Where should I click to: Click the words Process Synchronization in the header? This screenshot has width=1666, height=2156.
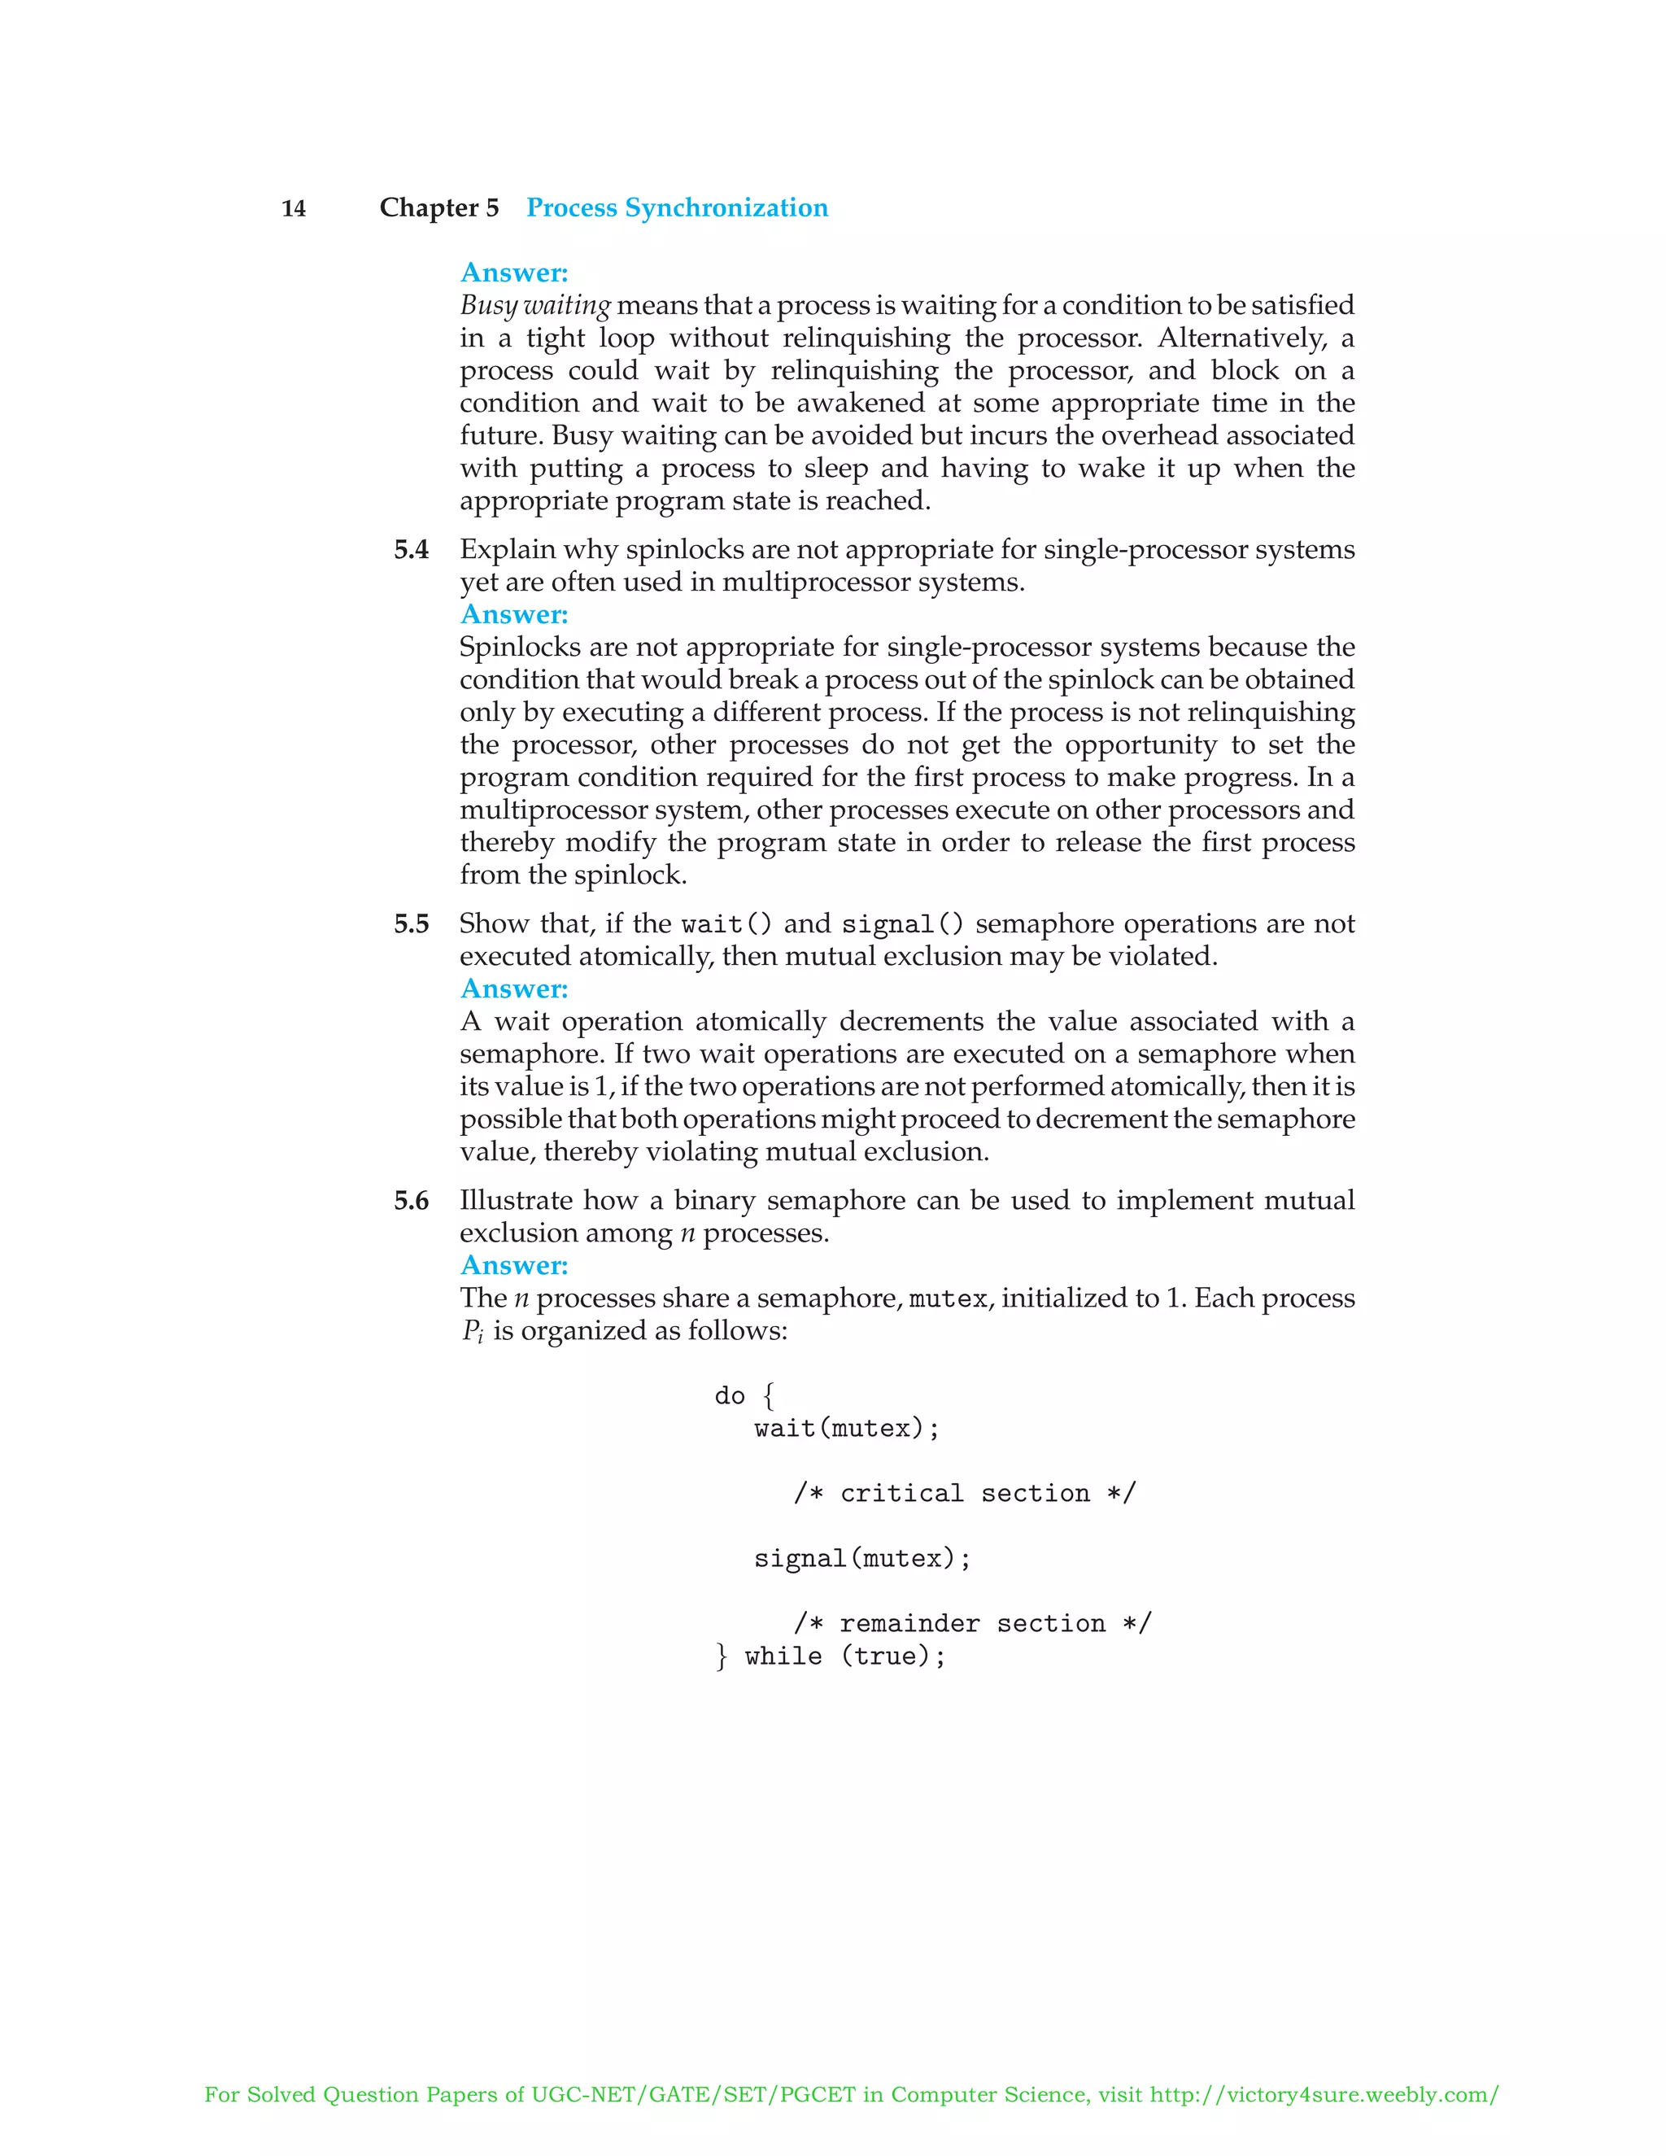pyautogui.click(x=676, y=207)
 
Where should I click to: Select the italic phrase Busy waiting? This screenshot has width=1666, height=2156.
pyautogui.click(x=535, y=305)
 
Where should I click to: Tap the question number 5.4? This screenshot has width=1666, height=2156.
pyautogui.click(x=411, y=550)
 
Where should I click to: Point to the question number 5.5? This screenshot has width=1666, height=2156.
pyautogui.click(x=411, y=924)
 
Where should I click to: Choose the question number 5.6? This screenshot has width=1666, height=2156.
pyautogui.click(x=411, y=1200)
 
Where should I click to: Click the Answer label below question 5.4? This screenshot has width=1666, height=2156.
pyautogui.click(x=514, y=614)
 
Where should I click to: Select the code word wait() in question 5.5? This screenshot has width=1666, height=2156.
pyautogui.click(x=726, y=924)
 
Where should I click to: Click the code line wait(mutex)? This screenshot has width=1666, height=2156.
pyautogui.click(x=847, y=1428)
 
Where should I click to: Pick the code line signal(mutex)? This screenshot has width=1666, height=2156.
pyautogui.click(x=861, y=1558)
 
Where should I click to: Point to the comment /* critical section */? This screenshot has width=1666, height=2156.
pyautogui.click(x=964, y=1493)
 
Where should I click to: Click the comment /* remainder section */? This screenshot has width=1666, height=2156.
pyautogui.click(x=972, y=1623)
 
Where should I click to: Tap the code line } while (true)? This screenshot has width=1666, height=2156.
pyautogui.click(x=830, y=1656)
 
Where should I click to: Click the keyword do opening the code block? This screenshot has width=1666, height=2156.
pyautogui.click(x=730, y=1396)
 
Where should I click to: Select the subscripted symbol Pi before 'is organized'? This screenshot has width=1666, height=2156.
pyautogui.click(x=472, y=1332)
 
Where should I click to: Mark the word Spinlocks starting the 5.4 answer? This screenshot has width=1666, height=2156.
pyautogui.click(x=519, y=648)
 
